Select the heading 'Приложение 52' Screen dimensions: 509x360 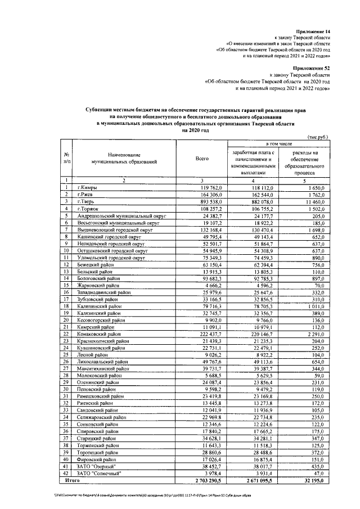click(x=313, y=67)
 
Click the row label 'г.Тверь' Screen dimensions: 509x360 click(x=88, y=201)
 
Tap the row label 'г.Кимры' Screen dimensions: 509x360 click(x=89, y=187)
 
